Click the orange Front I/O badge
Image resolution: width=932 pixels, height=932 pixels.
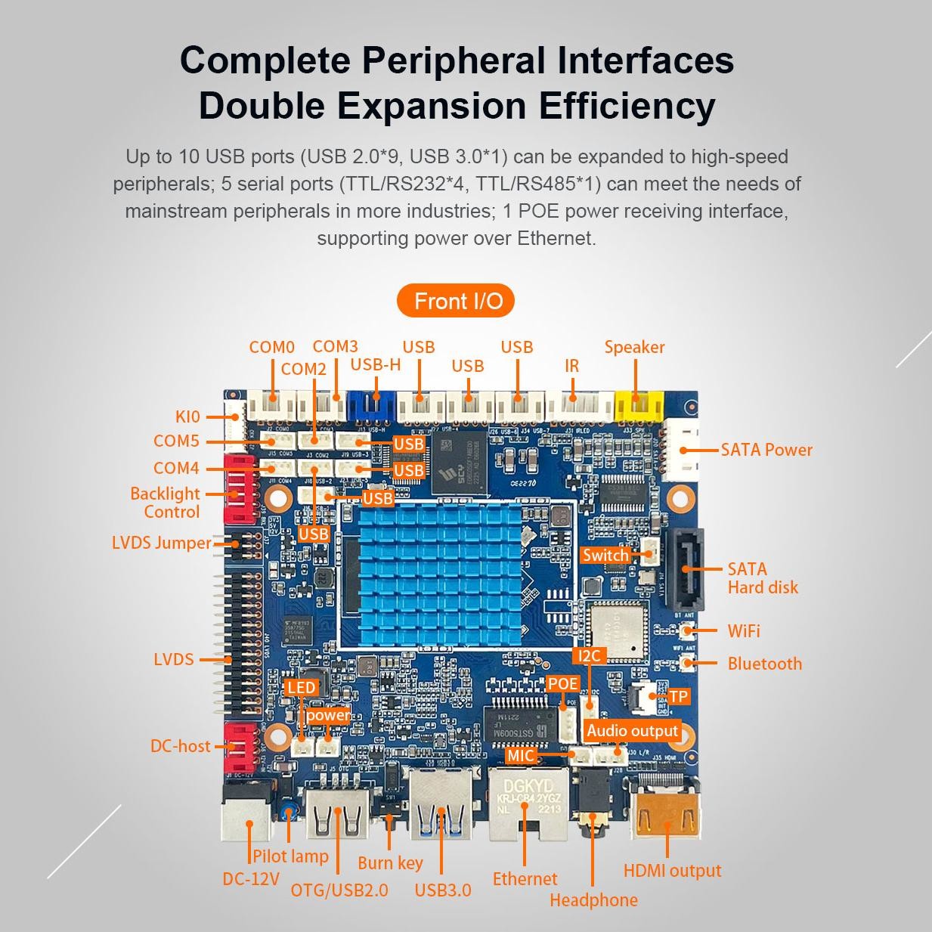pos(456,302)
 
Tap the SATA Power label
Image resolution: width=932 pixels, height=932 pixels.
pos(766,450)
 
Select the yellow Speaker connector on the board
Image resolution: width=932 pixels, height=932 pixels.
pos(637,407)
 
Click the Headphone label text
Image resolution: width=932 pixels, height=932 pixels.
pos(593,900)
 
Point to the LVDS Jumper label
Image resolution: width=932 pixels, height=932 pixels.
pos(161,543)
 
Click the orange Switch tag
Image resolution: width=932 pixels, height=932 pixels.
pos(605,556)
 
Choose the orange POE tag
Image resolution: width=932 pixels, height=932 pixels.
pos(562,684)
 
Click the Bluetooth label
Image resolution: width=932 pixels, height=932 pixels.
pos(764,664)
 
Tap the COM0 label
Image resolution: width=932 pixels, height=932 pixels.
pos(271,348)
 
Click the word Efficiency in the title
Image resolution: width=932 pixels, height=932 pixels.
pos(626,106)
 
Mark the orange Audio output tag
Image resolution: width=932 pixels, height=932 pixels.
pos(633,731)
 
